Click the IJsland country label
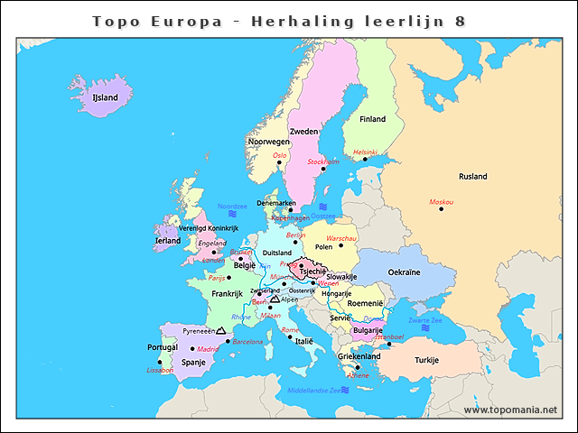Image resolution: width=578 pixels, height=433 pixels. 106,97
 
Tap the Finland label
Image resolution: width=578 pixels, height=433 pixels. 372,119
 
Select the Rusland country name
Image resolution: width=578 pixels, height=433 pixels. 473,176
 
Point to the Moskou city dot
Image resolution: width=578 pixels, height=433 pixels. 442,209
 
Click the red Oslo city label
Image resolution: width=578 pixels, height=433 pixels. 280,155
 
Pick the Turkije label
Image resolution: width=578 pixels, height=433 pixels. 426,360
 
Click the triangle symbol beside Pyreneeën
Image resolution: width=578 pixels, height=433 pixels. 220,331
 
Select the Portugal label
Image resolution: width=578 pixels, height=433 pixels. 163,347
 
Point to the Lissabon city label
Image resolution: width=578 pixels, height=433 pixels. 159,371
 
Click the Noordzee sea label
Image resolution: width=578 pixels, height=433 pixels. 232,207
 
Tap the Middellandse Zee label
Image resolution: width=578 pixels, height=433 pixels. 312,391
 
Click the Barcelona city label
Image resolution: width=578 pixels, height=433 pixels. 247,342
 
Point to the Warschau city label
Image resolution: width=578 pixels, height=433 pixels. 341,238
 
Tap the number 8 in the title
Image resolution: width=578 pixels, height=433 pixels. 461,20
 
